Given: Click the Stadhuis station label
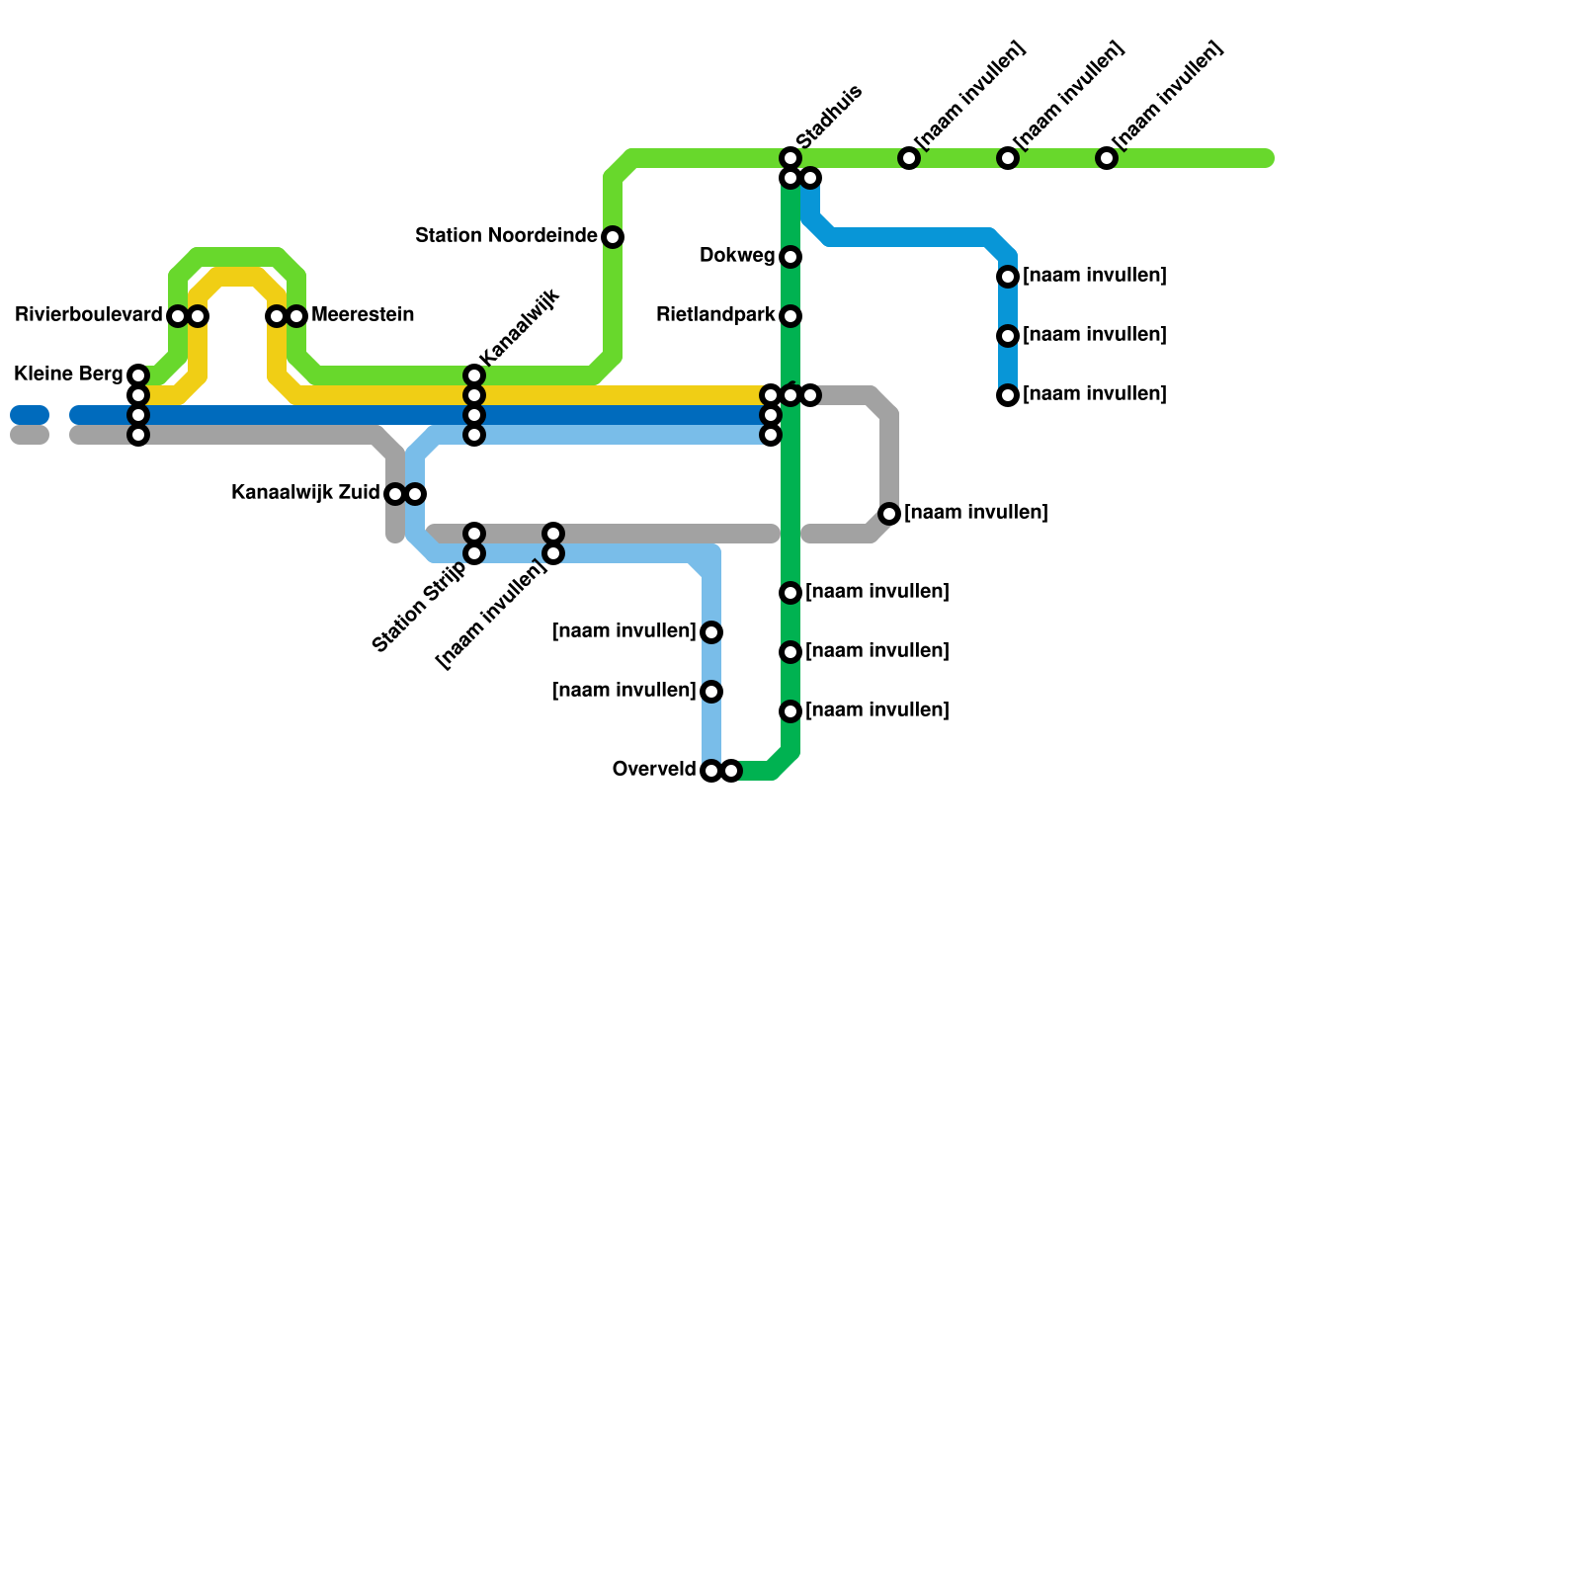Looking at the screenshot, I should [829, 118].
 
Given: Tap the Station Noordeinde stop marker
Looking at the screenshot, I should [613, 237].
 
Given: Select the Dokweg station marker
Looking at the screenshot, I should [790, 257].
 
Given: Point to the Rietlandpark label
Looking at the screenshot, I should [715, 315].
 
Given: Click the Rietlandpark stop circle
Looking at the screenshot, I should [790, 316].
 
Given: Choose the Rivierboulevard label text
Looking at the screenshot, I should [89, 315].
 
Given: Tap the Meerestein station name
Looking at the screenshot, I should [363, 315].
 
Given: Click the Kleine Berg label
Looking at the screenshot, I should [68, 374].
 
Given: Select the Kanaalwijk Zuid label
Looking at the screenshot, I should [305, 492].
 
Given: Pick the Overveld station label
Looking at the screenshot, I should [654, 769].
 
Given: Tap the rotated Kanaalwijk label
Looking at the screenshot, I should [519, 327].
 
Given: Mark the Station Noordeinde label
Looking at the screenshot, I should [506, 236].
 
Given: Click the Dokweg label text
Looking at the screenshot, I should [737, 256].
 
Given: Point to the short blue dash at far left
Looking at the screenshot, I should [30, 415].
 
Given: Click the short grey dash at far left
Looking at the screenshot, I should [30, 435].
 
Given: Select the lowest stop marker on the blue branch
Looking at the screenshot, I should [1008, 395].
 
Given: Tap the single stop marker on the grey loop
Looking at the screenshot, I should [889, 514].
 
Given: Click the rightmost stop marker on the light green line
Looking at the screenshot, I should [1107, 158].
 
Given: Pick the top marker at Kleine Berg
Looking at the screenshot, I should [138, 375].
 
